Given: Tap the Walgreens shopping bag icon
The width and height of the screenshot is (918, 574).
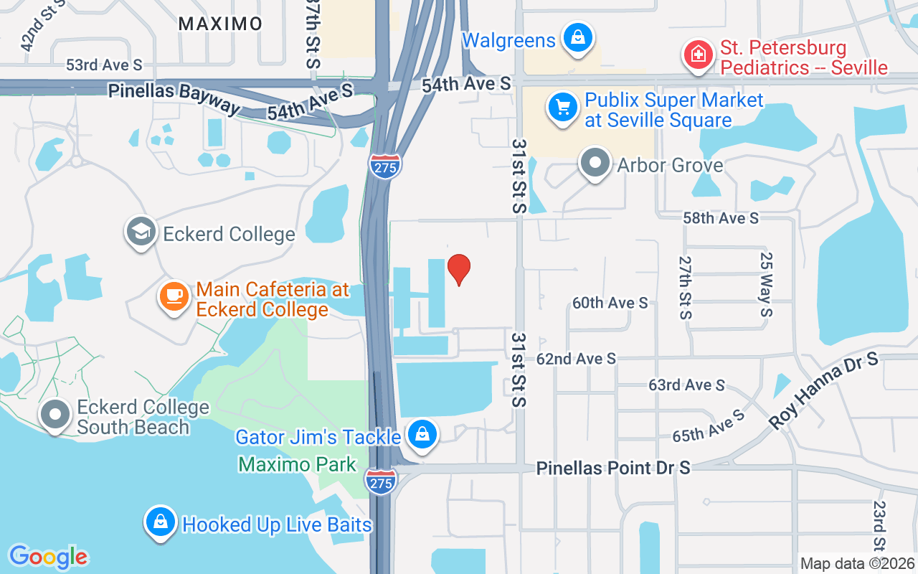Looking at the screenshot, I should coord(577,37).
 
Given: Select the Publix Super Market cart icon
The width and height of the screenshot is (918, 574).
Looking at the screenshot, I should coord(563,108).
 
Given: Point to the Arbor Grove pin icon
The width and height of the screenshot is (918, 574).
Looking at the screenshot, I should coord(595,164).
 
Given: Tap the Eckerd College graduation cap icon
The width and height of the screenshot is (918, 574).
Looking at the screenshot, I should coord(141,231).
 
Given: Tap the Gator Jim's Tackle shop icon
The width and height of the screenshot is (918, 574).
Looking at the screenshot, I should coord(423,436).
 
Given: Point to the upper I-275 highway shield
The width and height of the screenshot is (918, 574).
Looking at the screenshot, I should coord(385,166).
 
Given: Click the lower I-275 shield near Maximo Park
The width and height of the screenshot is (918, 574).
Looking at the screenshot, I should coord(380,481).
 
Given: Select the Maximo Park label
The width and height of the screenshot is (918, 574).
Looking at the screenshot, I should coord(298,464).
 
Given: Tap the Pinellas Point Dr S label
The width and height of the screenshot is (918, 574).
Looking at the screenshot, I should coord(613,468).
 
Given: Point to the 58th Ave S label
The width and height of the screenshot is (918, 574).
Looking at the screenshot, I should coord(720,217).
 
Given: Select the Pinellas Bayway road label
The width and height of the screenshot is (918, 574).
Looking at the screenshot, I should coord(174,97).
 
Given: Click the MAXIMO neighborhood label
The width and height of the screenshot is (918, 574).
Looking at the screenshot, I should coord(220,24).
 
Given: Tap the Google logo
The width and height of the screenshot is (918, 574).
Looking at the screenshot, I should coord(48,557).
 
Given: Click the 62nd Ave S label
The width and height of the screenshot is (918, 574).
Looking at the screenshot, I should coord(576,358).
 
